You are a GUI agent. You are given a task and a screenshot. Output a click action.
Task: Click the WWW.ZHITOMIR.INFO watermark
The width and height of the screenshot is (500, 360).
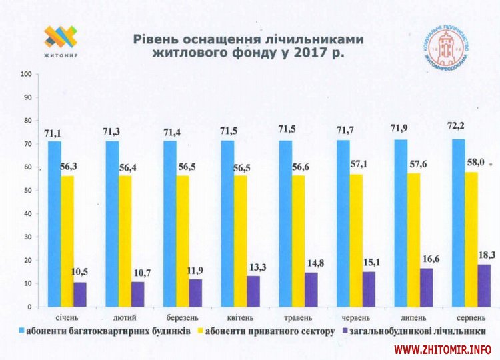(x=443, y=349)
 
